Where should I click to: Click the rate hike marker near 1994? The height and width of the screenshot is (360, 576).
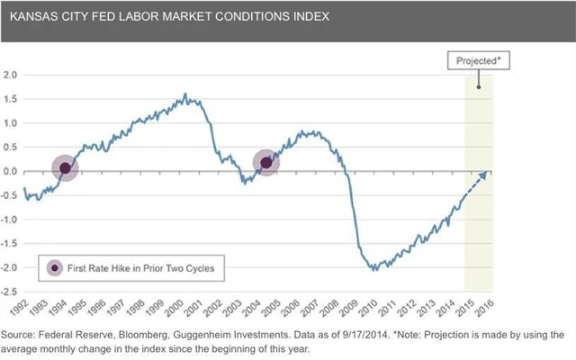(64, 167)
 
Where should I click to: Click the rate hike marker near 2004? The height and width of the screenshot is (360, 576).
(265, 163)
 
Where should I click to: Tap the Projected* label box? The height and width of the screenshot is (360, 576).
(478, 60)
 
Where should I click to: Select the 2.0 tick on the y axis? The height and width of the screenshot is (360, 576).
(11, 75)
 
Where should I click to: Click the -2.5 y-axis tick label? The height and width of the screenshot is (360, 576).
(11, 292)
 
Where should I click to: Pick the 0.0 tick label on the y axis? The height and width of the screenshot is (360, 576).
(11, 171)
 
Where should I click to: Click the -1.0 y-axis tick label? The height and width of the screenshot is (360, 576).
(11, 220)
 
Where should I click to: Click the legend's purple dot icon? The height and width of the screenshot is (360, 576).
(55, 267)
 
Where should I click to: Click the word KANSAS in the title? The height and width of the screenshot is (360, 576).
(32, 16)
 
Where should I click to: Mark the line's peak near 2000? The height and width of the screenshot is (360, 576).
(185, 94)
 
